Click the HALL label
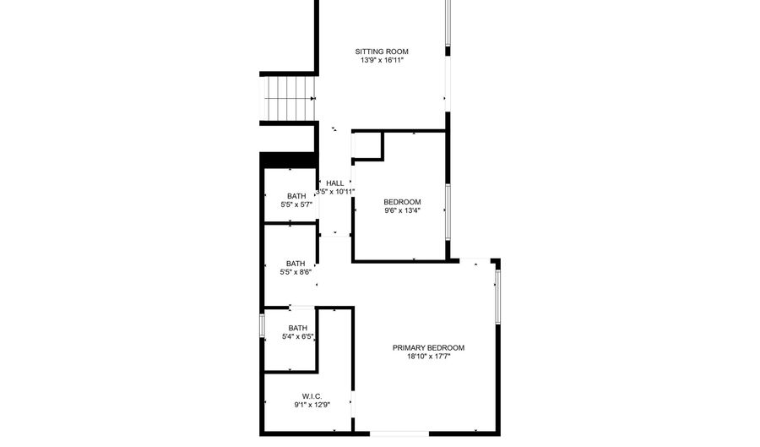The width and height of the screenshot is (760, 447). click(x=335, y=183)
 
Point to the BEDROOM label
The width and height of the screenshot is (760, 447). click(x=402, y=201)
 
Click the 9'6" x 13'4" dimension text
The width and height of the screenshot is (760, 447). click(x=402, y=210)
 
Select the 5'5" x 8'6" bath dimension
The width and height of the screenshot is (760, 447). click(x=296, y=272)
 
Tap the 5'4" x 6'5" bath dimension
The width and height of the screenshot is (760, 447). click(x=298, y=337)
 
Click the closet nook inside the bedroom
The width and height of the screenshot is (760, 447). click(x=366, y=145)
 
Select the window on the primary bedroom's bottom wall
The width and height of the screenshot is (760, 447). click(x=399, y=433)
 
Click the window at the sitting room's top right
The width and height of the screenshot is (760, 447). click(x=448, y=25)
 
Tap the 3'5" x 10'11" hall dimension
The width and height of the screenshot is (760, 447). click(x=335, y=192)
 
